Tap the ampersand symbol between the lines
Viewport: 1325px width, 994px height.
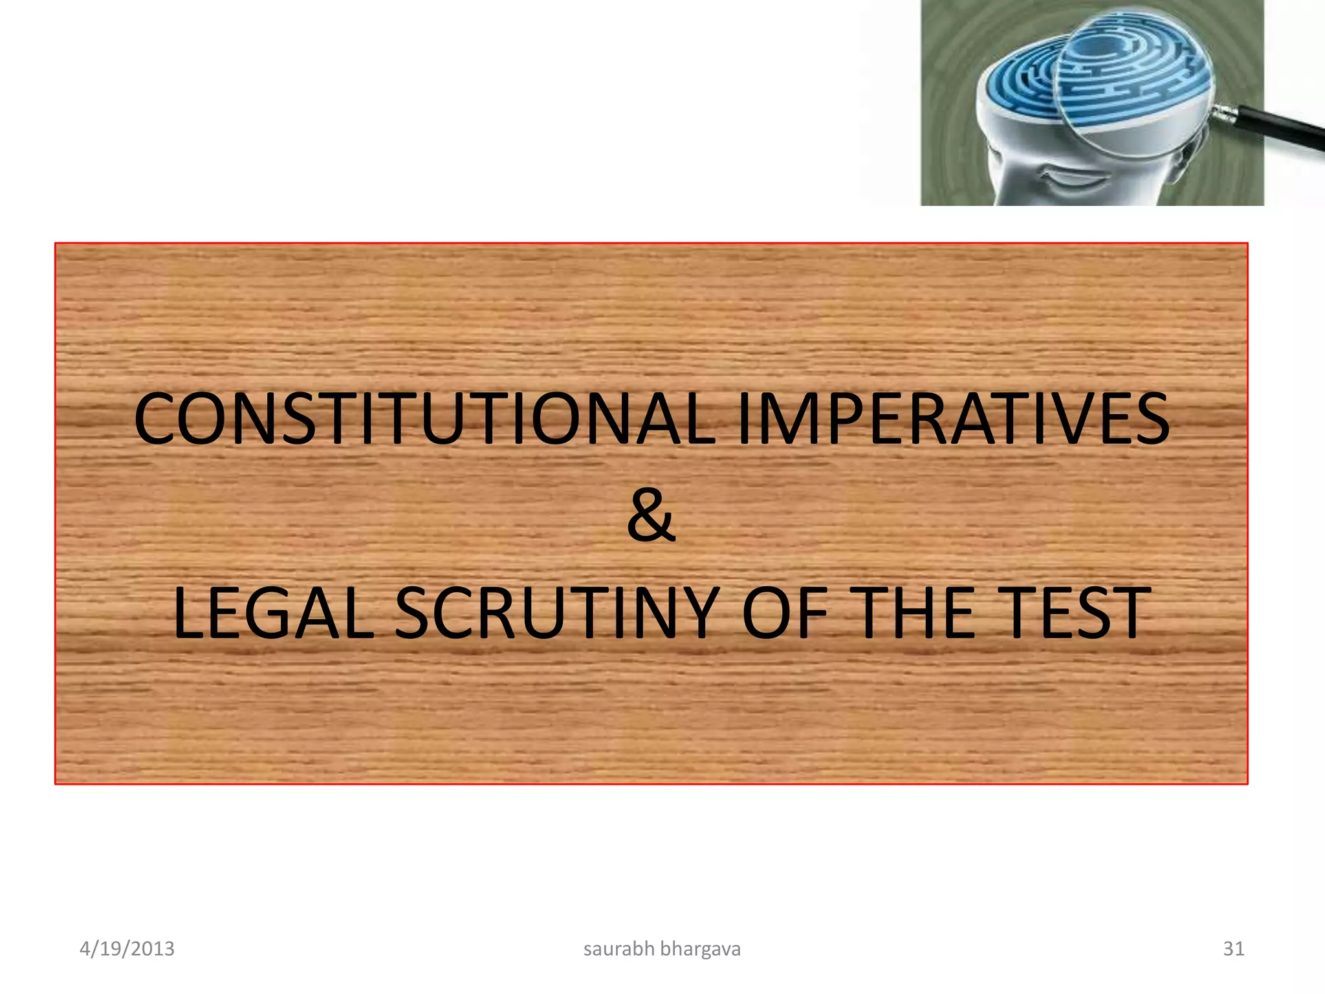[651, 516]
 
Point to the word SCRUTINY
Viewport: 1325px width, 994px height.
[557, 612]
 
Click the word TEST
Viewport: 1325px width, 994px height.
[1077, 612]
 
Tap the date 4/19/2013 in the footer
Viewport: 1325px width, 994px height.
[127, 949]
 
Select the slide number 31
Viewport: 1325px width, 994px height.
[1233, 949]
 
